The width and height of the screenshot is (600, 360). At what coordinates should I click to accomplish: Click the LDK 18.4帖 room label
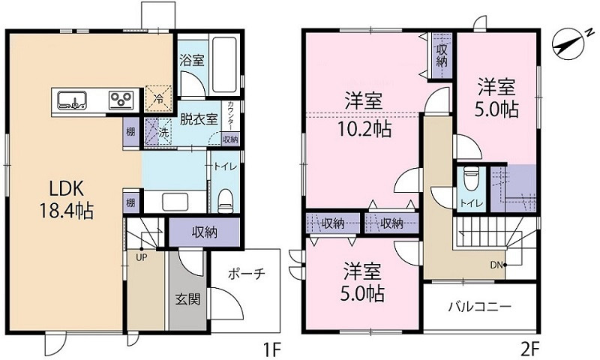click(x=65, y=199)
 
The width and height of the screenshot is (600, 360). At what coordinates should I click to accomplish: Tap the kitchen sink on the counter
click(x=71, y=98)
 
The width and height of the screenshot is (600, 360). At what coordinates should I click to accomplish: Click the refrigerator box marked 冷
click(x=159, y=97)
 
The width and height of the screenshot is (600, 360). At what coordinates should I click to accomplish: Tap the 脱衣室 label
click(x=198, y=118)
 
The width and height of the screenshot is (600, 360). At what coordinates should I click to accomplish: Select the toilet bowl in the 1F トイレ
click(x=224, y=199)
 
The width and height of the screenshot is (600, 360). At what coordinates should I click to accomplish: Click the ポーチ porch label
click(x=245, y=274)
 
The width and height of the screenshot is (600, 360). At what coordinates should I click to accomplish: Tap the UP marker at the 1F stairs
click(x=140, y=257)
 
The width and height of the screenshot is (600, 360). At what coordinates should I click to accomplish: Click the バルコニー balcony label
click(x=480, y=306)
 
